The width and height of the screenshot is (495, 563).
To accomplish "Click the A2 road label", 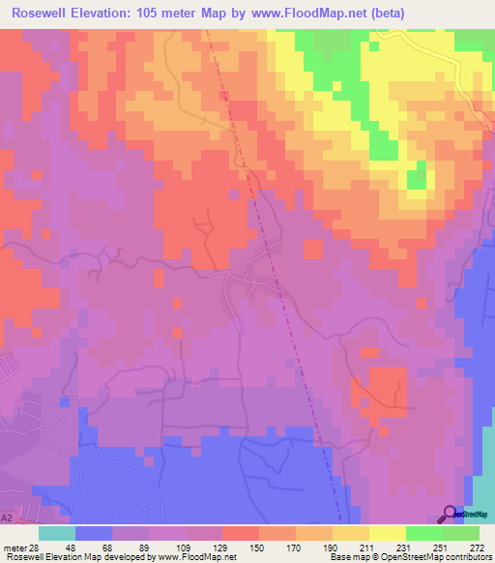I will coord(7,519).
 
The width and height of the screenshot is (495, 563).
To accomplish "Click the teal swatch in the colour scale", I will coord(57,533).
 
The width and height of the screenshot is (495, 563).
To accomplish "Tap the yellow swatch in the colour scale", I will coord(388,533).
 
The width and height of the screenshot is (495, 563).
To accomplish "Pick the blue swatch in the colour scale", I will coord(94,533).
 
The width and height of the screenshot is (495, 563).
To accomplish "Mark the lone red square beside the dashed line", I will coord(311,251).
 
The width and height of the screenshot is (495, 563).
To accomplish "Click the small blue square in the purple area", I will coord(65,400).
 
